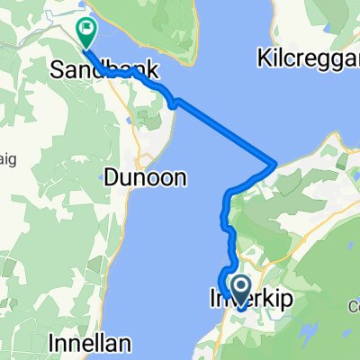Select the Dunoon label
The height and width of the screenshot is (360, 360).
point(145,178)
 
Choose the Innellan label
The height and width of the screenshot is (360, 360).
point(91,343)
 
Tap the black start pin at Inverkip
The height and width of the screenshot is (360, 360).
point(240,288)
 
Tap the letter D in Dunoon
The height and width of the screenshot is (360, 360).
point(112,178)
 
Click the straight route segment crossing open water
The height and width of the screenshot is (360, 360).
point(225,132)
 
